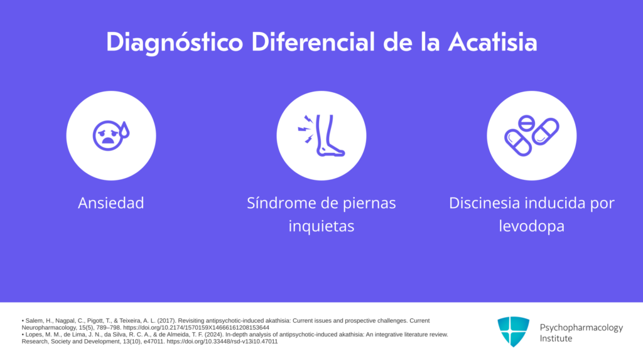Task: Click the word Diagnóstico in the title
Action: pyautogui.click(x=175, y=43)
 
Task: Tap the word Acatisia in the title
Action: pyautogui.click(x=492, y=42)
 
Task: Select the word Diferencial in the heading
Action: pyautogui.click(x=313, y=42)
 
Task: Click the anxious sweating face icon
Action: pyautogui.click(x=111, y=135)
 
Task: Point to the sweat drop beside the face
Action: pyautogui.click(x=125, y=130)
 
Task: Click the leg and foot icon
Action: pyautogui.click(x=330, y=135)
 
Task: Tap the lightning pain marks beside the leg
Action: pyautogui.click(x=306, y=129)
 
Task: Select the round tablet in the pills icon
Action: pyautogui.click(x=526, y=123)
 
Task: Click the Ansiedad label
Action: pyautogui.click(x=111, y=203)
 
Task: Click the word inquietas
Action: pyautogui.click(x=321, y=226)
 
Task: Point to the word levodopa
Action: pyautogui.click(x=531, y=226)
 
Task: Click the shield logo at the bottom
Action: pyautogui.click(x=514, y=332)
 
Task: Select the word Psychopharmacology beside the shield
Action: pyautogui.click(x=581, y=327)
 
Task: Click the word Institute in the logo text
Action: pyautogui.click(x=556, y=338)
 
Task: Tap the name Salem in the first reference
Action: pyautogui.click(x=34, y=321)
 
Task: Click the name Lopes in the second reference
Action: pyautogui.click(x=34, y=335)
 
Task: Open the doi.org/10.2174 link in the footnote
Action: pyautogui.click(x=196, y=328)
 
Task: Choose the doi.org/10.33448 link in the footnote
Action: pyautogui.click(x=222, y=342)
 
